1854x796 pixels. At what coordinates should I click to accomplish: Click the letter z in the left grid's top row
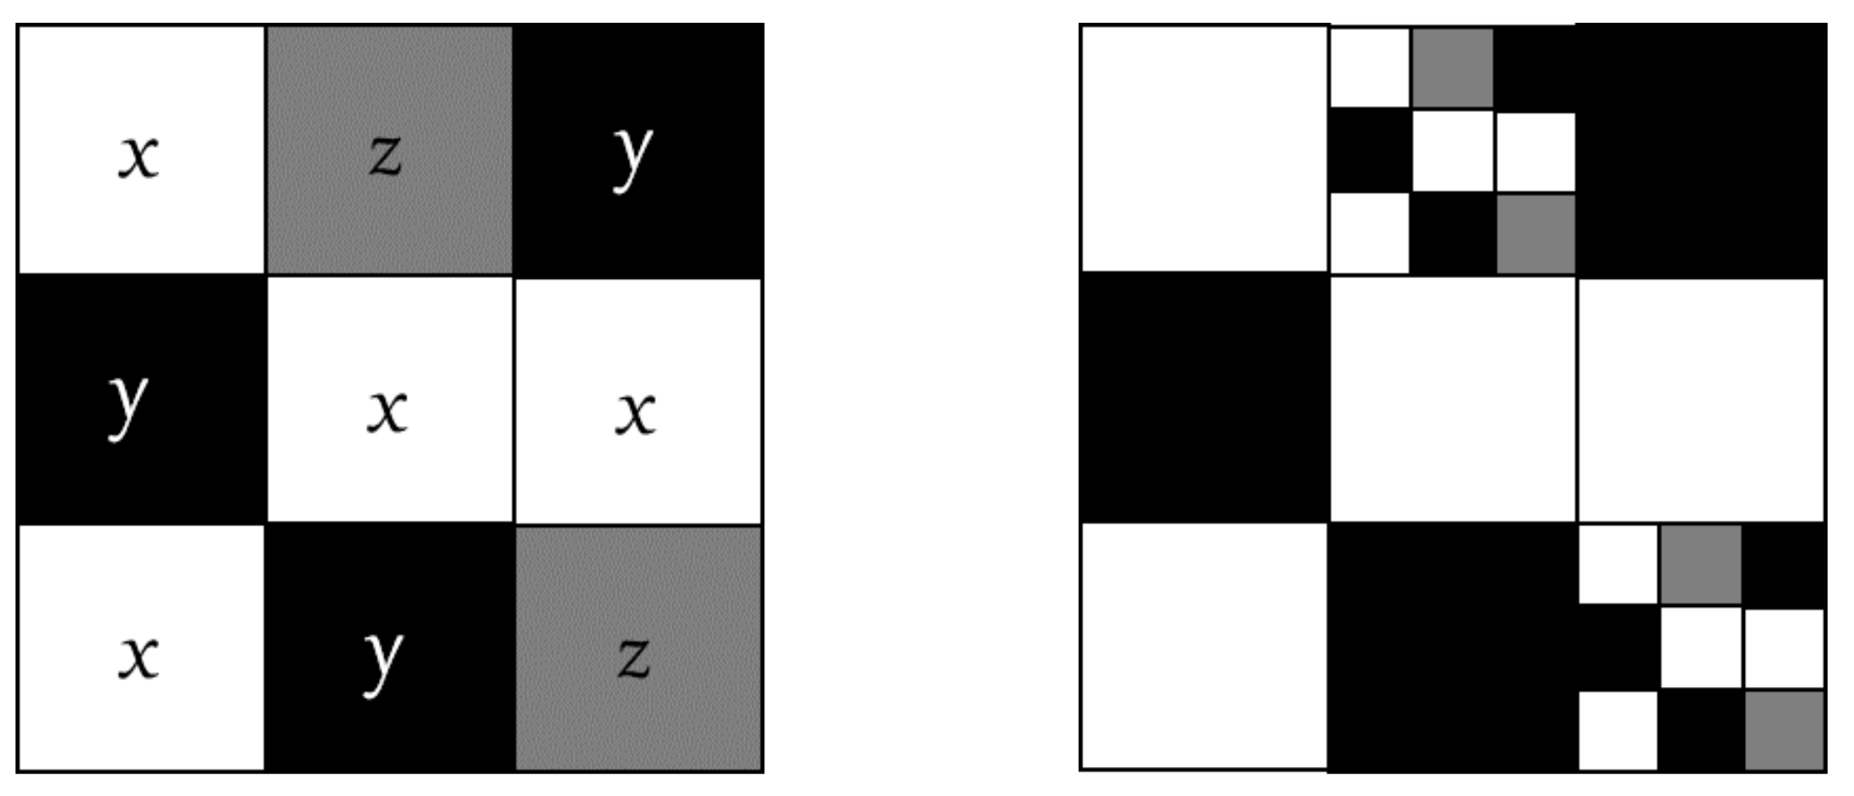[x=385, y=154]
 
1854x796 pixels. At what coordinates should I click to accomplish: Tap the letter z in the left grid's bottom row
[x=633, y=657]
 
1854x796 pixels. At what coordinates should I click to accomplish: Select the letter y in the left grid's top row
[x=633, y=156]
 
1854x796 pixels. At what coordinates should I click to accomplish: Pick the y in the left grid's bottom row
[x=383, y=661]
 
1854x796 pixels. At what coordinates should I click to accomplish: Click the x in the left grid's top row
[x=139, y=157]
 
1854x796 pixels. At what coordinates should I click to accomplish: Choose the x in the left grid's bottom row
[x=139, y=657]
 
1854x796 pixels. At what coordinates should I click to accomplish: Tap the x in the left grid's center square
[x=387, y=411]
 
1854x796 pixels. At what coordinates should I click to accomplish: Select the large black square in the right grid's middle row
[x=1205, y=398]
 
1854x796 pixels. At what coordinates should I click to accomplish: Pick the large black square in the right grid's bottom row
[x=1452, y=647]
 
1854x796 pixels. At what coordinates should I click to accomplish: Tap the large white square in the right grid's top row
[x=1205, y=148]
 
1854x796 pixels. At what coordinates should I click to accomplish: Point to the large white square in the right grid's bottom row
[x=1205, y=647]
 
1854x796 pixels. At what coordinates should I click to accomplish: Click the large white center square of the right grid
[x=1452, y=400]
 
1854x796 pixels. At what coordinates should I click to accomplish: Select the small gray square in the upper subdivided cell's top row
[x=1452, y=68]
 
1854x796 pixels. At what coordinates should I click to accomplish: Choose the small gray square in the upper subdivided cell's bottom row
[x=1536, y=234]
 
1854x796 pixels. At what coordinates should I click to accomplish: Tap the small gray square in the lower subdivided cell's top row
[x=1700, y=564]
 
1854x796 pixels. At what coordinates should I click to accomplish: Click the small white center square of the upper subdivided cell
[x=1452, y=151]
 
